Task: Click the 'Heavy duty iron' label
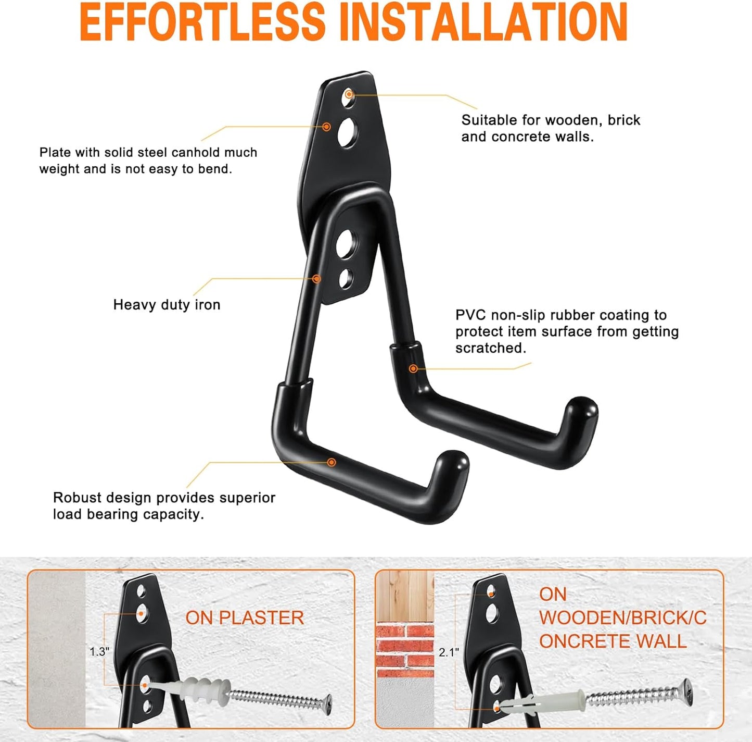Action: coord(167,305)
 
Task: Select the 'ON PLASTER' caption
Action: coord(245,618)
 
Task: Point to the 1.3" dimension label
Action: coord(99,652)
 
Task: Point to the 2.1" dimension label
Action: coord(449,652)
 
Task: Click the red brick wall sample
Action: coord(404,648)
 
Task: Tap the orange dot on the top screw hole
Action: coord(349,94)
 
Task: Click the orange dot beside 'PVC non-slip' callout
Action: coord(413,369)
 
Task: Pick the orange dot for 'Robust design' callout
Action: coord(332,462)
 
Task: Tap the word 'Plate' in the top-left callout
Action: coord(55,153)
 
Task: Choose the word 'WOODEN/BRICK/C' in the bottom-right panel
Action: coord(622,618)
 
